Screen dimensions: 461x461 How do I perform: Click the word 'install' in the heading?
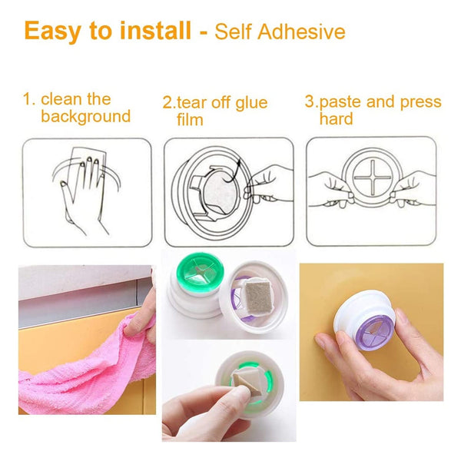click(x=155, y=30)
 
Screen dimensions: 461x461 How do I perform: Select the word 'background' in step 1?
click(x=85, y=116)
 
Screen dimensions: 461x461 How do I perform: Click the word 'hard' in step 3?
click(x=336, y=118)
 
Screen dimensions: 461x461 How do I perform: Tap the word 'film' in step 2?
click(x=190, y=120)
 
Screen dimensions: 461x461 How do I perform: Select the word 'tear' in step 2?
click(x=191, y=103)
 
